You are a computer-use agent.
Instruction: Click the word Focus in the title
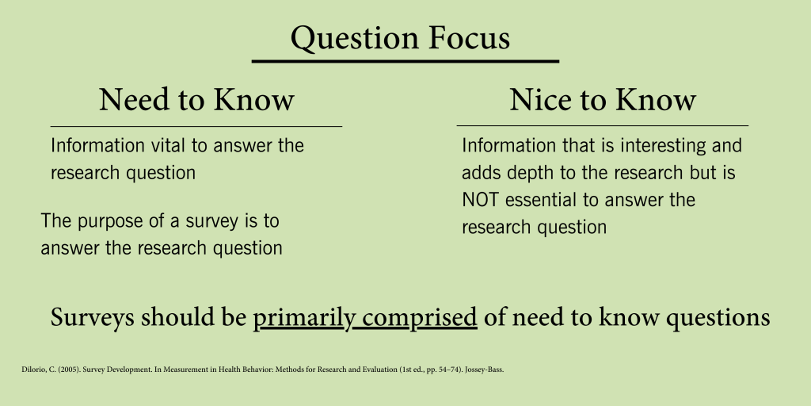click(x=470, y=38)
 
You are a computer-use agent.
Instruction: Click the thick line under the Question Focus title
click(x=405, y=62)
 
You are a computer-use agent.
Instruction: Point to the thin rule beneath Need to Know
click(x=196, y=126)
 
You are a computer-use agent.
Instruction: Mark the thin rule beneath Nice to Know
click(x=603, y=125)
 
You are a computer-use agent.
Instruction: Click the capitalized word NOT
click(x=481, y=200)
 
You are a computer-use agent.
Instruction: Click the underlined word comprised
click(x=420, y=317)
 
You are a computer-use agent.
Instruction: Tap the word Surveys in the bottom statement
click(x=92, y=317)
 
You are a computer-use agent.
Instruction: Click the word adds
click(x=482, y=173)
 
